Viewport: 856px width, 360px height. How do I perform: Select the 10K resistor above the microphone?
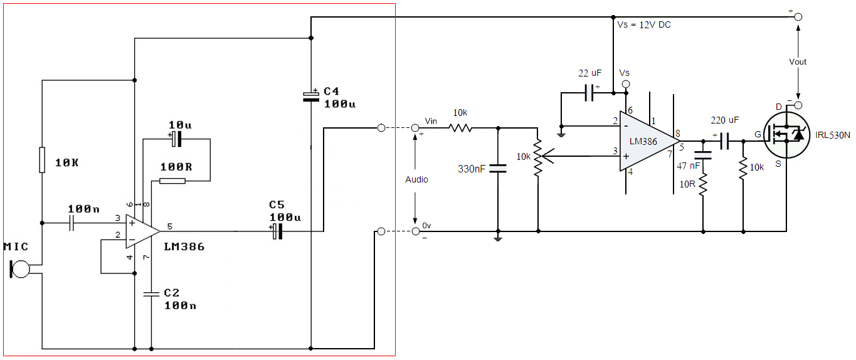point(42,160)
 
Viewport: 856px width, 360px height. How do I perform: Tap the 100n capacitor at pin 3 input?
point(71,223)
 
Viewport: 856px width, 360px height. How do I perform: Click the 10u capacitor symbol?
point(176,139)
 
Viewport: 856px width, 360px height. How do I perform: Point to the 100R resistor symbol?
point(172,181)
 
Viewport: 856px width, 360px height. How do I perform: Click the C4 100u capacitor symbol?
point(311,97)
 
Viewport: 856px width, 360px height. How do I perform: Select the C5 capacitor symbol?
point(277,231)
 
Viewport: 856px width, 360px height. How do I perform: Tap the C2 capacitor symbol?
point(151,294)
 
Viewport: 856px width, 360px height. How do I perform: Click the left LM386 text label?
point(184,247)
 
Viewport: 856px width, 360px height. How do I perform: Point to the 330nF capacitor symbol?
point(498,169)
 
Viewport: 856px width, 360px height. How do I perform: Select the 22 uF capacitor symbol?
point(589,93)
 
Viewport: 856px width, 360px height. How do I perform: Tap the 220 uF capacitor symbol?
point(724,141)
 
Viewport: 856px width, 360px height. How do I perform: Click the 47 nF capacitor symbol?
point(703,155)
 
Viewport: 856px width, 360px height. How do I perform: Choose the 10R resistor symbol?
point(703,184)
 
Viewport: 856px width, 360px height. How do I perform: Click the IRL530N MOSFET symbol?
point(786,135)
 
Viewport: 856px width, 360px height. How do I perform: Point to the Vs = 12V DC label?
point(644,25)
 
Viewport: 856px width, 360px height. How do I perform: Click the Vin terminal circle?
point(415,128)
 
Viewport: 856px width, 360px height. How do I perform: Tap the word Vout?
point(798,62)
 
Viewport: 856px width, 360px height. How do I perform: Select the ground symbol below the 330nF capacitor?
point(497,238)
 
